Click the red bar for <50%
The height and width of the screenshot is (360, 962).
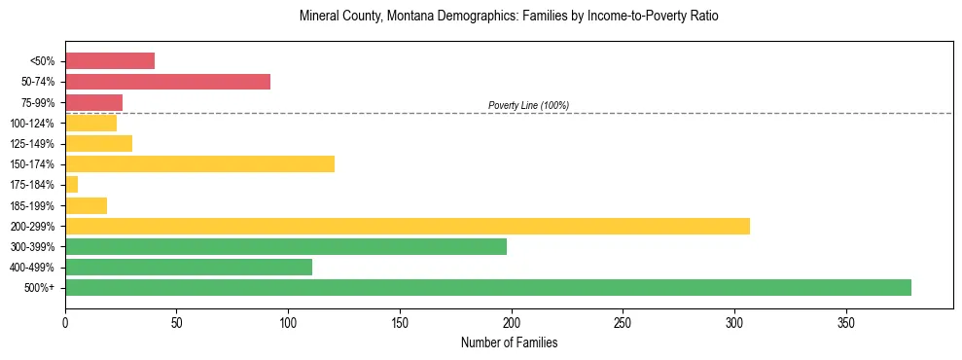[x=110, y=61]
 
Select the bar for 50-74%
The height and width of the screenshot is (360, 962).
[x=167, y=82]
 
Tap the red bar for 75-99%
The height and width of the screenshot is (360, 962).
[x=93, y=102]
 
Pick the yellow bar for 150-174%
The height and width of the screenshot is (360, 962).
[x=199, y=163]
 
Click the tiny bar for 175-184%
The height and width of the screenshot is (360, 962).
[x=71, y=184]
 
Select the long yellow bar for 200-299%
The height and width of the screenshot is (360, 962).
[x=407, y=226]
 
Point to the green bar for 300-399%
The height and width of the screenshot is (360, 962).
[x=285, y=246]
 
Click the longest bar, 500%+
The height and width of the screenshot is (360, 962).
[x=487, y=287]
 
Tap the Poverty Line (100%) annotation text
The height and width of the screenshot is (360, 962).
[x=528, y=105]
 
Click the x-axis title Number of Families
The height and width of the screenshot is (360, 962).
[x=509, y=342]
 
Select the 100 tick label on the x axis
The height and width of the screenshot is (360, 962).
[x=288, y=322]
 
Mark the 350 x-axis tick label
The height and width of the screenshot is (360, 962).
[x=846, y=322]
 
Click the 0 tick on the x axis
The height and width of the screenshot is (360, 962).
[x=65, y=322]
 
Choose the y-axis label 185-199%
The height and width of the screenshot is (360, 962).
[x=32, y=206]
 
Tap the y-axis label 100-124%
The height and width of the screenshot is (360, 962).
[x=32, y=124]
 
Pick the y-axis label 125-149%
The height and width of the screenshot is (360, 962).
[x=32, y=144]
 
